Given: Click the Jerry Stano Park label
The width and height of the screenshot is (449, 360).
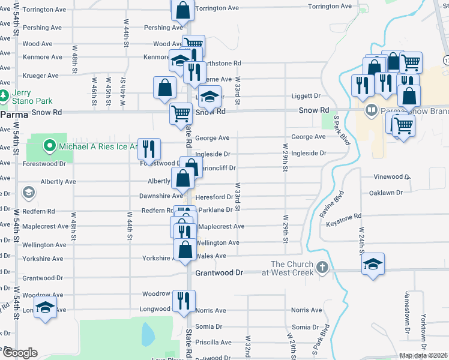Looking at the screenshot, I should tap(25, 97).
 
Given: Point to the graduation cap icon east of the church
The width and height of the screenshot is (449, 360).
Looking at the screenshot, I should tap(373, 264).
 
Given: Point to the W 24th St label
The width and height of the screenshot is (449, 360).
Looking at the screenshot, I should tap(362, 240).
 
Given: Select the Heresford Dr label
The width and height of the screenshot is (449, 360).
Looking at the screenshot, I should tap(214, 197).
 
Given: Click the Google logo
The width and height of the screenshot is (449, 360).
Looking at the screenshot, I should tap(20, 353).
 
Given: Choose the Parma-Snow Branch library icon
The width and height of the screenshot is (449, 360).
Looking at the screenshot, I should tap(372, 110).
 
